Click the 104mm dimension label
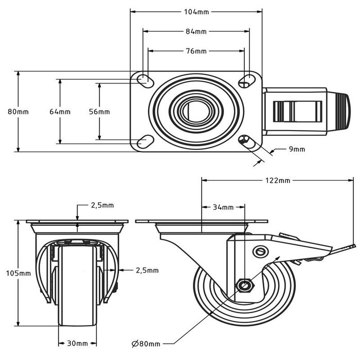pos(196,11)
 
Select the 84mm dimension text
pos(196,31)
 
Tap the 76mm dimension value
pos(196,51)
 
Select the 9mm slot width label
pos(296,149)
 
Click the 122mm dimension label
pos(278,181)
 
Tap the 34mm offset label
pos(223,207)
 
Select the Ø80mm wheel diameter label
pos(146,344)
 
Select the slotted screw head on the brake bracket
pos(260,251)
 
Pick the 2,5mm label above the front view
pos(102,206)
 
